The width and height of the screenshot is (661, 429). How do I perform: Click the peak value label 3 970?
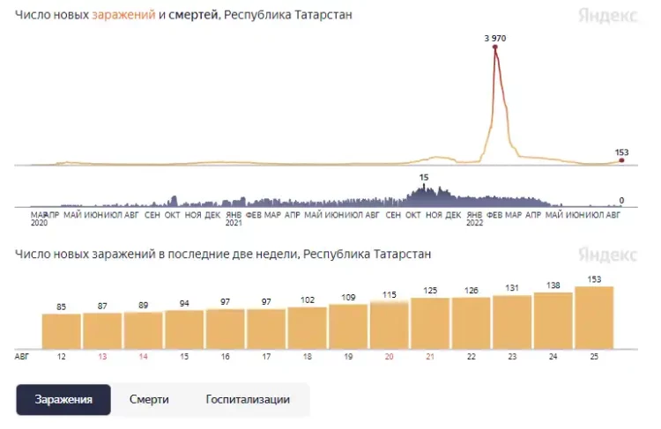[495, 38]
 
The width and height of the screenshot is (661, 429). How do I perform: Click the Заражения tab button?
[63, 399]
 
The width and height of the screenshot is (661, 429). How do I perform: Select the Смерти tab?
[149, 399]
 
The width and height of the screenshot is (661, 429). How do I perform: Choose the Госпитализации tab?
[247, 399]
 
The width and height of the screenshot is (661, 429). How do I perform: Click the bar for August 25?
[593, 316]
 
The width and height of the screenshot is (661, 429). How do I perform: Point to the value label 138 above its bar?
[553, 285]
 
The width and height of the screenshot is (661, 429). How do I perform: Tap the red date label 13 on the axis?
[102, 356]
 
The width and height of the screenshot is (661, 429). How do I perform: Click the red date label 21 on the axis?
[430, 356]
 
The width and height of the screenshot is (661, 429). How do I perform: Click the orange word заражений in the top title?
[123, 16]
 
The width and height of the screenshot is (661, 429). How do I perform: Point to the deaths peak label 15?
[424, 178]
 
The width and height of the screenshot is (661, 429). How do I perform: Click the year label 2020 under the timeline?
[39, 223]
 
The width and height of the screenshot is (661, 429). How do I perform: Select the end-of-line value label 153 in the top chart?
[621, 152]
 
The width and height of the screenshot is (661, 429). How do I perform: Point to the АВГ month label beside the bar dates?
[22, 356]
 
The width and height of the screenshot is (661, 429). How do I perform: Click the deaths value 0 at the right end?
[621, 201]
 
